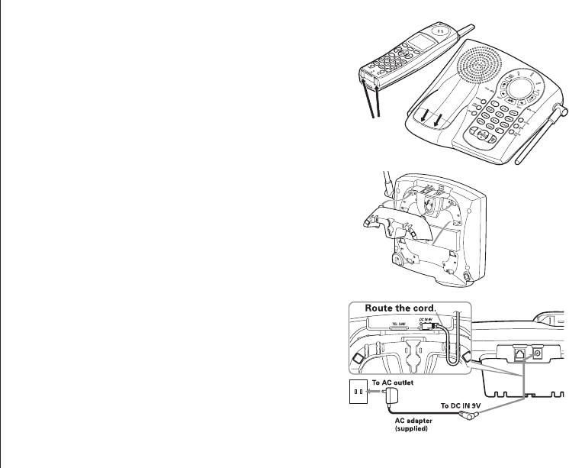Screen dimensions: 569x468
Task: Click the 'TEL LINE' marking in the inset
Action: point(396,323)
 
